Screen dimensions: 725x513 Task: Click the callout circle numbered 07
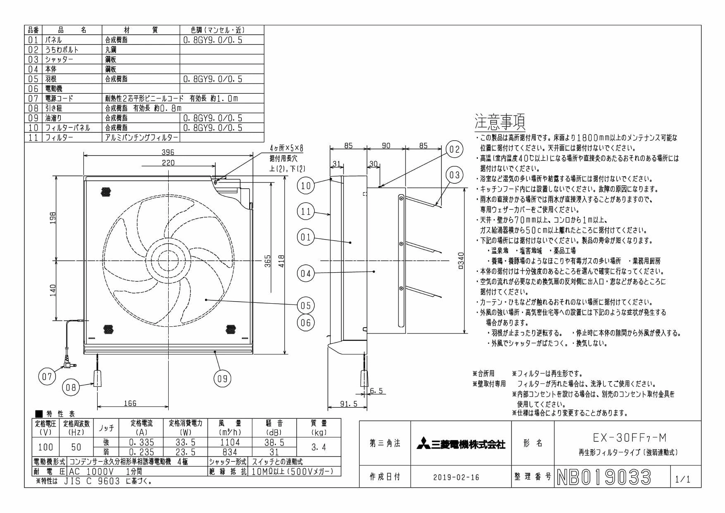pyautogui.click(x=47, y=376)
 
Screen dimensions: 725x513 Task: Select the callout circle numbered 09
pyautogui.click(x=222, y=379)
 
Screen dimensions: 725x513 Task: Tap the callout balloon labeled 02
pyautogui.click(x=454, y=149)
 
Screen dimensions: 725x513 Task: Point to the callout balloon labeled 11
pyautogui.click(x=305, y=212)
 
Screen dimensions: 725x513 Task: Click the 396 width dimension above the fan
pyautogui.click(x=168, y=152)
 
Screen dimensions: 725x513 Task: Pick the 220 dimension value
pyautogui.click(x=168, y=163)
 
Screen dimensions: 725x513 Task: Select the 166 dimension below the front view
pyautogui.click(x=130, y=403)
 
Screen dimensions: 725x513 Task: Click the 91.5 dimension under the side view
pyautogui.click(x=348, y=404)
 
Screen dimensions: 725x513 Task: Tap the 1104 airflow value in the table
pyautogui.click(x=230, y=442)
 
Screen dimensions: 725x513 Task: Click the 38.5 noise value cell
pyautogui.click(x=274, y=442)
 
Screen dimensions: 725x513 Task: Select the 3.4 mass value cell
pyautogui.click(x=319, y=447)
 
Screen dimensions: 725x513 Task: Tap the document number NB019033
pyautogui.click(x=604, y=477)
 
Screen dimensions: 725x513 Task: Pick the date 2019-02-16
pyautogui.click(x=456, y=477)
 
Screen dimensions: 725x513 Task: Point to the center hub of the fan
pyautogui.click(x=168, y=261)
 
